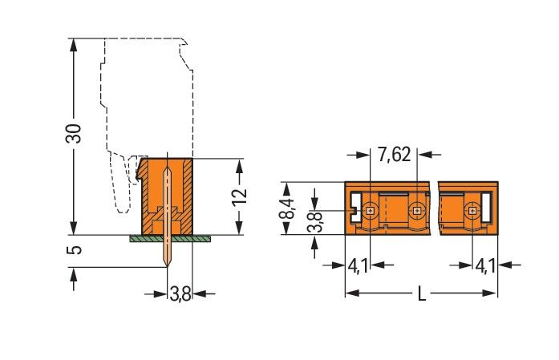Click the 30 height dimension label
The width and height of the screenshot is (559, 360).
pos(73,135)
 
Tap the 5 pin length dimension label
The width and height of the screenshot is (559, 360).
pos(73,252)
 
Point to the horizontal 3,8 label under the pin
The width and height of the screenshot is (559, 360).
pos(180,294)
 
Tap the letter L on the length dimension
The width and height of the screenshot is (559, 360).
pos(422,295)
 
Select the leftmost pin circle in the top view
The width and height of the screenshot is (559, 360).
pos(370,212)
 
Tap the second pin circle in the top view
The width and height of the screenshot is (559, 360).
pos(415,212)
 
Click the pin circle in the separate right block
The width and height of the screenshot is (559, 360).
pos(472,212)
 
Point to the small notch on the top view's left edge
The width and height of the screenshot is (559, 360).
pos(352,212)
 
